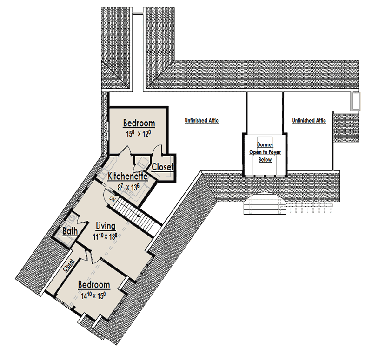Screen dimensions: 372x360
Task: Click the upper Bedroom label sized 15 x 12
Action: pyautogui.click(x=139, y=123)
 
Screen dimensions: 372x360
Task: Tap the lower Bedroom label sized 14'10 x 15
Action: pyautogui.click(x=94, y=285)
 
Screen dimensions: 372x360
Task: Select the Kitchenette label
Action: pyautogui.click(x=127, y=177)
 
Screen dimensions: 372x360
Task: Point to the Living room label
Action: pyautogui.click(x=106, y=226)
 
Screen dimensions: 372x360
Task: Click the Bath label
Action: pyautogui.click(x=70, y=231)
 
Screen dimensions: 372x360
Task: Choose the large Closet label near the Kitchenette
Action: pyautogui.click(x=162, y=167)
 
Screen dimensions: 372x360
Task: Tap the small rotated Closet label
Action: pyautogui.click(x=69, y=265)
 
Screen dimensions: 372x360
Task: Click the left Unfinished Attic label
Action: pyautogui.click(x=201, y=120)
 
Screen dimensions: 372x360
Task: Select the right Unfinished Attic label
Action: pyautogui.click(x=309, y=120)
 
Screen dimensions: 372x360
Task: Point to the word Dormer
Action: pyautogui.click(x=265, y=144)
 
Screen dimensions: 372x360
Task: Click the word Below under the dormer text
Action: pyautogui.click(x=265, y=159)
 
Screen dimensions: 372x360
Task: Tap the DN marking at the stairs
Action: pyautogui.click(x=112, y=199)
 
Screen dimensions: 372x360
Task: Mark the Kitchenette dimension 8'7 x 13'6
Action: pyautogui.click(x=128, y=188)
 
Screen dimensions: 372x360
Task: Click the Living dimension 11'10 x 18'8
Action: pyautogui.click(x=105, y=236)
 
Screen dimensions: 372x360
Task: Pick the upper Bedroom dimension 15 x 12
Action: pyautogui.click(x=139, y=134)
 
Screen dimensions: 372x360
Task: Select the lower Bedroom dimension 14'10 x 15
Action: pyautogui.click(x=93, y=295)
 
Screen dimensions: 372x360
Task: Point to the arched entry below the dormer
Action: pyautogui.click(x=265, y=203)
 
